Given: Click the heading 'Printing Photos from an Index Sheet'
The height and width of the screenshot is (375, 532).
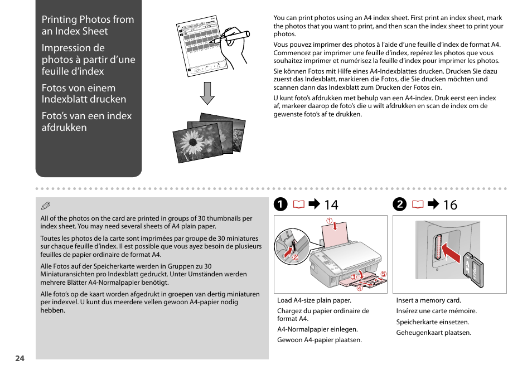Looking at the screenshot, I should tap(88, 25).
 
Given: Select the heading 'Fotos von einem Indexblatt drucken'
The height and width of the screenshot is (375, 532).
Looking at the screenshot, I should tap(84, 93).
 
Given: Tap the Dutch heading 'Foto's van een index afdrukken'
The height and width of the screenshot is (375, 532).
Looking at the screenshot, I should tap(86, 121).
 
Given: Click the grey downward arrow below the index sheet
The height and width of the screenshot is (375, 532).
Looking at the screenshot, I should tap(207, 93).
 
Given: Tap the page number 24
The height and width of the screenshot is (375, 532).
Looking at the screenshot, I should tap(20, 358).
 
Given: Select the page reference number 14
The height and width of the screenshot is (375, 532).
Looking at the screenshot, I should tap(331, 204).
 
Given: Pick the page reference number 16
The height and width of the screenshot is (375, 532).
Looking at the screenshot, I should tap(449, 204).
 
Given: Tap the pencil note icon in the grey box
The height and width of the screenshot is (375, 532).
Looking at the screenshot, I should tap(46, 206).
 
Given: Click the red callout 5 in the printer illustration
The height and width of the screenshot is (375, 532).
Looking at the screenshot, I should tap(383, 274).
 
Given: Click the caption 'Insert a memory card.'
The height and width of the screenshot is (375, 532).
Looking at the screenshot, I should tap(428, 300).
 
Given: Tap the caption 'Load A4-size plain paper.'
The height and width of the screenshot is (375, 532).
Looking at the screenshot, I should tap(314, 300).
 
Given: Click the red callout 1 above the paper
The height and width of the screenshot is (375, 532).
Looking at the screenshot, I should tap(330, 221).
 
